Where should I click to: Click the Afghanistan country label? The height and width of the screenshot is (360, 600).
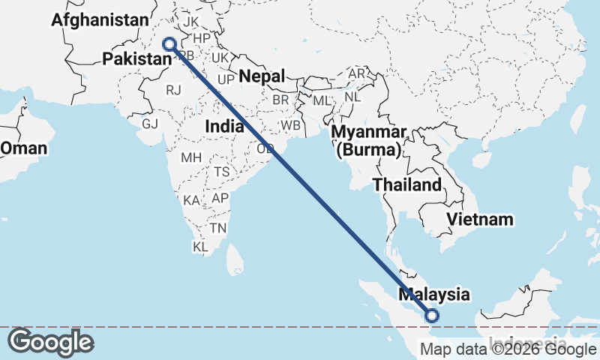[100, 20]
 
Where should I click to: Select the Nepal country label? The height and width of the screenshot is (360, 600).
[262, 76]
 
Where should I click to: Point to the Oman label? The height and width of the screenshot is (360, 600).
[23, 148]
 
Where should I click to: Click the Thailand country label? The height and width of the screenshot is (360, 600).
[407, 184]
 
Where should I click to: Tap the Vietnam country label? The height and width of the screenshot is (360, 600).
[480, 219]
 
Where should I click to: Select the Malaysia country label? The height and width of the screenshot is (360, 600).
[434, 295]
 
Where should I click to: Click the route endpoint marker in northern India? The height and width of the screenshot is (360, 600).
[169, 44]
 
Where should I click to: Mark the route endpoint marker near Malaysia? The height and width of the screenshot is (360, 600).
[432, 316]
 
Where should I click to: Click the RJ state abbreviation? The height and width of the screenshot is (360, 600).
[174, 90]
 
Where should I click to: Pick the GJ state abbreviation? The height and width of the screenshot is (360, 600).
[151, 124]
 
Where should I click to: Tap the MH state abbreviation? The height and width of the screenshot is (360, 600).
[191, 157]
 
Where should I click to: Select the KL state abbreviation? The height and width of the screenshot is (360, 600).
[200, 246]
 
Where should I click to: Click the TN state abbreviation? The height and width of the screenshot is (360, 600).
[218, 227]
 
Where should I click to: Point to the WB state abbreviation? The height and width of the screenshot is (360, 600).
[290, 124]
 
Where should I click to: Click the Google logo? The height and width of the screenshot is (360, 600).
[50, 343]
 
